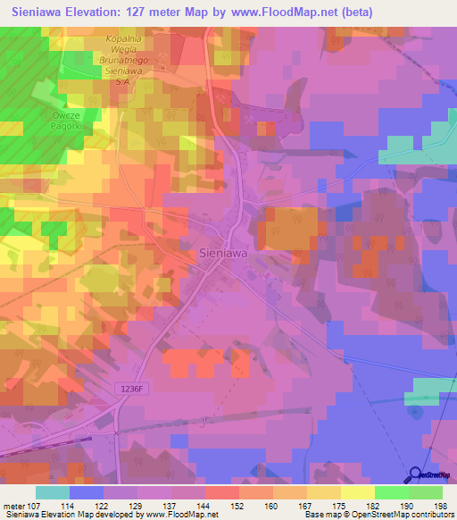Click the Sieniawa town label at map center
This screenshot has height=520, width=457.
point(222,253)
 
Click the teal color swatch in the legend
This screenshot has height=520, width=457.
point(53,492)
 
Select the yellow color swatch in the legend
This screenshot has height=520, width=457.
point(357,492)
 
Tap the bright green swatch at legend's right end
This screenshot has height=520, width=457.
point(426,492)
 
